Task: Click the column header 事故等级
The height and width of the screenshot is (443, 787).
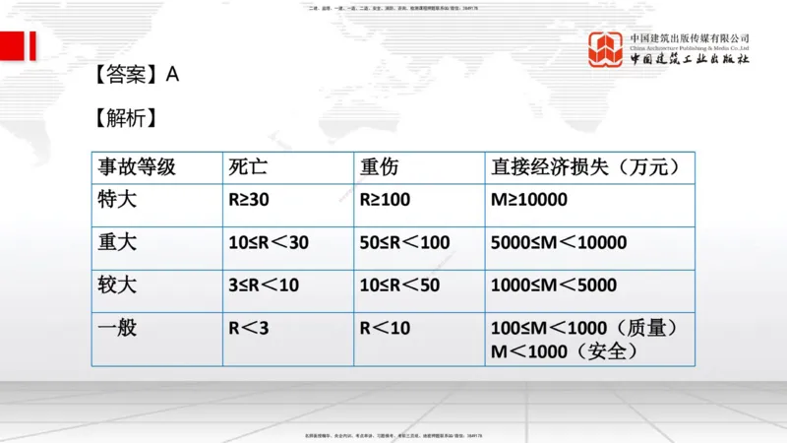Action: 136,166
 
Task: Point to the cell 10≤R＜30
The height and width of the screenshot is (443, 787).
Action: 268,242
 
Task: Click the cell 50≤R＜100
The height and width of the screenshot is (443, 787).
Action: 404,242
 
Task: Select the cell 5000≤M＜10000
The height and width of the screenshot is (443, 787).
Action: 558,242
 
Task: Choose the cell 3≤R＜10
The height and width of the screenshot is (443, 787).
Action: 263,285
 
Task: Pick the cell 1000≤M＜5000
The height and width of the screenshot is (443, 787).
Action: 553,285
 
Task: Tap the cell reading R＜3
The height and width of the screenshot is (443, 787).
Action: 248,328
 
